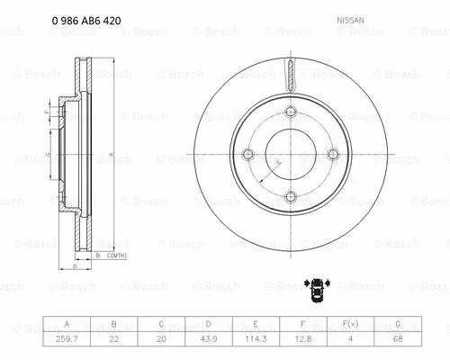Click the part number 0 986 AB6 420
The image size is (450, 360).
[63, 19]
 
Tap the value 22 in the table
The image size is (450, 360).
[112, 338]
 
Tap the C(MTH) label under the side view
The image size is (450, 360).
[117, 256]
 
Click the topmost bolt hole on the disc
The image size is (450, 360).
[291, 112]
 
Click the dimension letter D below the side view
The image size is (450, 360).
[73, 267]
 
